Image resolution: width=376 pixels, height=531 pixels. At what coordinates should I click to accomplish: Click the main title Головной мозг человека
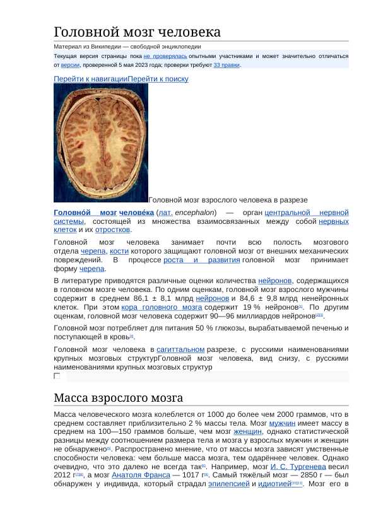[137, 32]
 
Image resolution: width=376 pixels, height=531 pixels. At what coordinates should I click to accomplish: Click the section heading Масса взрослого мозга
[118, 398]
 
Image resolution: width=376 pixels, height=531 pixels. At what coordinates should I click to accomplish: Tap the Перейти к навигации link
[90, 79]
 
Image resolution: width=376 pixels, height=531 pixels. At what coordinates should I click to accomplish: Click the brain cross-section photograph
[100, 143]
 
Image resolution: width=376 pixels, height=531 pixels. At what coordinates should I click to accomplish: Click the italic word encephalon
[195, 213]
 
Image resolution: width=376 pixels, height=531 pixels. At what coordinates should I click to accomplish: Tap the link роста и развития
[201, 260]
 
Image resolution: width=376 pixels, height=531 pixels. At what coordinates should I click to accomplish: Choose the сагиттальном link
[180, 349]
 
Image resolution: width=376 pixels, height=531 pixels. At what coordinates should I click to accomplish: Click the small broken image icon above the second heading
[57, 376]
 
